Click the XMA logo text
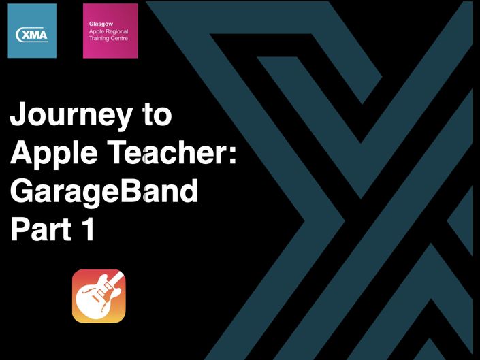coord(32,35)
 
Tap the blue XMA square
coord(32,31)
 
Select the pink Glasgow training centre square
coord(110,31)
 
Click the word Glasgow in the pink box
coord(101,24)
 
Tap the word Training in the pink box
coord(99,39)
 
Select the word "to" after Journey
coord(157,115)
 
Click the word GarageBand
coord(104,191)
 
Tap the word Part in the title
coord(42,229)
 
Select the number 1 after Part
coord(88,229)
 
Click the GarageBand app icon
coord(99,296)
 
